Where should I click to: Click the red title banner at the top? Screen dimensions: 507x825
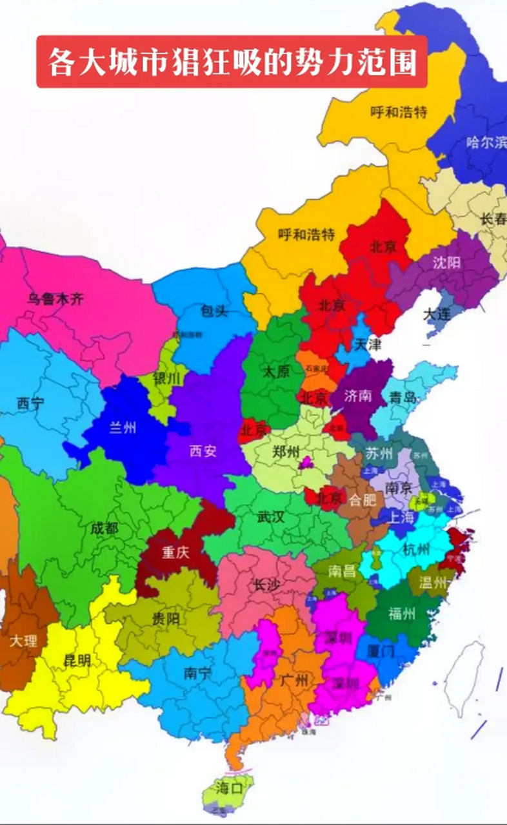pos(232,62)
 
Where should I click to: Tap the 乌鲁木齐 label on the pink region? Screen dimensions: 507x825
pos(55,298)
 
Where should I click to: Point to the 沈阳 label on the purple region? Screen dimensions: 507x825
pos(446,262)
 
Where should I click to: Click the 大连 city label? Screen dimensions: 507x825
pos(437,315)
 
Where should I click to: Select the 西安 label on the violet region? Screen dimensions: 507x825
pos(203,451)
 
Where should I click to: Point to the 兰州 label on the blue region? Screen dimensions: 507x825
pos(122,427)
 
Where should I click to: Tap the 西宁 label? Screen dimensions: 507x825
pos(31,404)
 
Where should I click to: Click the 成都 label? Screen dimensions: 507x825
pos(104,529)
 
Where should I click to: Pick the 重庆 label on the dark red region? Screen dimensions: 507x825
pos(175,552)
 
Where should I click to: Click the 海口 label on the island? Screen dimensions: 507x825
pos(229,788)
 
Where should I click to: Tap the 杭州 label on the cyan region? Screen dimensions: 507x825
pos(415,549)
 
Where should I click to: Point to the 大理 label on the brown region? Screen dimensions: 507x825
pos(23,641)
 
